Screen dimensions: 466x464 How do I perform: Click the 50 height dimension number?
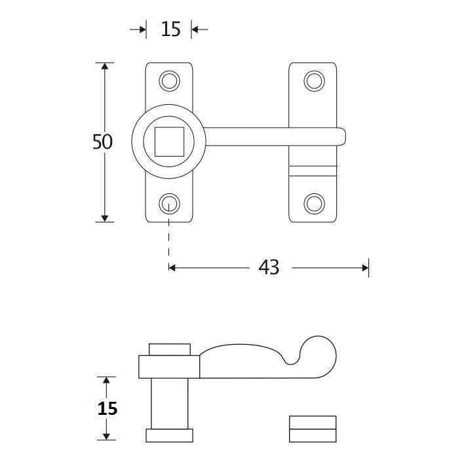point(102,142)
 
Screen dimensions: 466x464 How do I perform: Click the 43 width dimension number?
point(269,267)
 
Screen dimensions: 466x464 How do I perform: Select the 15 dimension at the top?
point(170,29)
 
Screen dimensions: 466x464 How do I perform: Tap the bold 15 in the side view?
point(107,408)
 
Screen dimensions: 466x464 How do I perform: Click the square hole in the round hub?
point(169,142)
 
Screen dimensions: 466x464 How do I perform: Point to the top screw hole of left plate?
point(170,81)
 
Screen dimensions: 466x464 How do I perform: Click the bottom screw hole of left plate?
point(170,203)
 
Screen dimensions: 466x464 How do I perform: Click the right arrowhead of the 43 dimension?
point(364,267)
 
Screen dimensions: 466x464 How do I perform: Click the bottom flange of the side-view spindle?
point(169,435)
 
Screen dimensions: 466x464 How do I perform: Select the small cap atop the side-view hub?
point(170,349)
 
